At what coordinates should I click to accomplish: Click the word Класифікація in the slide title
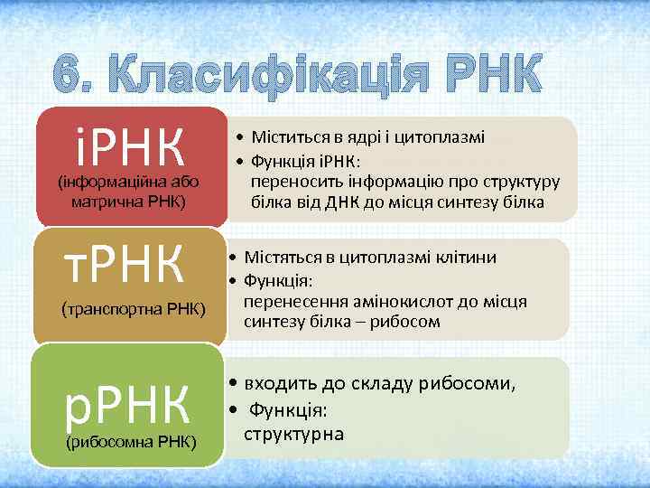[x=271, y=75]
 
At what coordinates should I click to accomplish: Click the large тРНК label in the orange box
[x=126, y=263]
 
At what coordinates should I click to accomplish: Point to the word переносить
[x=292, y=183]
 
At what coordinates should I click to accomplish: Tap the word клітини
[x=458, y=258]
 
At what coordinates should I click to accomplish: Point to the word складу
[x=379, y=383]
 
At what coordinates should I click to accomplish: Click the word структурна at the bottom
[x=293, y=433]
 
